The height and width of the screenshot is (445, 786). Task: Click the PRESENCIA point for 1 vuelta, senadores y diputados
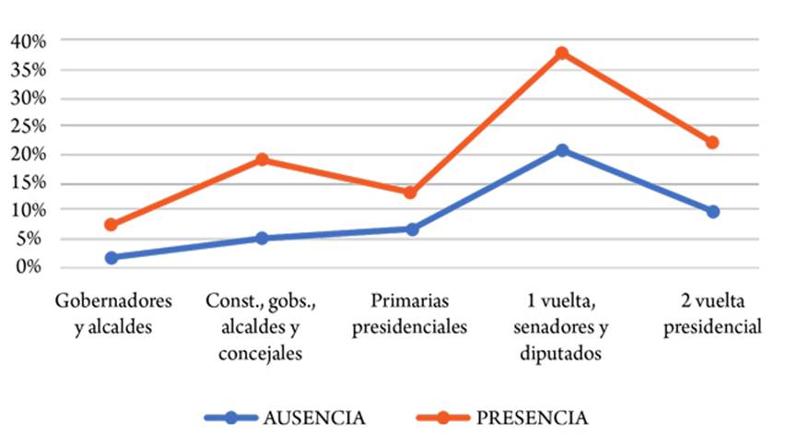(x=562, y=53)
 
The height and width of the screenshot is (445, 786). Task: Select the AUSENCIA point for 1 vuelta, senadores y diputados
(x=562, y=150)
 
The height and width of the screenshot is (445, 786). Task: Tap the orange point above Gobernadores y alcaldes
(x=111, y=225)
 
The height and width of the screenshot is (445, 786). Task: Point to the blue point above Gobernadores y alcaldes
(x=111, y=258)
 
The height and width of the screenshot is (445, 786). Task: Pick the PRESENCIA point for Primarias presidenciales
(x=411, y=193)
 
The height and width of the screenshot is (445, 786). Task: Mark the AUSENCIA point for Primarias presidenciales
(x=412, y=229)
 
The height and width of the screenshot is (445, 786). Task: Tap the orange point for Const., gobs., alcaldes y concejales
(x=262, y=159)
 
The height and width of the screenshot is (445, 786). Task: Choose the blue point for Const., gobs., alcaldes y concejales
(x=262, y=239)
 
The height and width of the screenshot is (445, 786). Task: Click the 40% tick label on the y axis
(x=28, y=41)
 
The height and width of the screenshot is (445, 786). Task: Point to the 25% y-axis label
(x=28, y=126)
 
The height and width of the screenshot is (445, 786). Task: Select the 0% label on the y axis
(x=32, y=267)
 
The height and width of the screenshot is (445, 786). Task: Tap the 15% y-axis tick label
(x=28, y=182)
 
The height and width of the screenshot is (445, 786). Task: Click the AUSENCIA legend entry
(x=314, y=417)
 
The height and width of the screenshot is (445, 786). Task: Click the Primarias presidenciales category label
(x=412, y=313)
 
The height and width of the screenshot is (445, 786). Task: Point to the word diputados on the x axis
(x=561, y=353)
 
